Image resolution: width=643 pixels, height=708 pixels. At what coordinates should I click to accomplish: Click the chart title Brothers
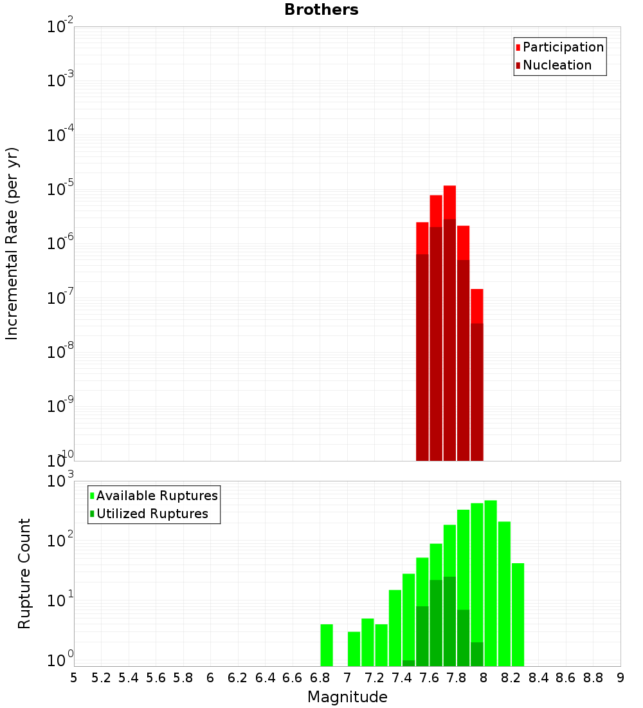[321, 10]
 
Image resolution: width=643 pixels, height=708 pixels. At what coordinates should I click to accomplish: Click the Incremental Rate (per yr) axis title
[12, 244]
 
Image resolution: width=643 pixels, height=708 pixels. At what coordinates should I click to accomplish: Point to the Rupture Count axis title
[24, 573]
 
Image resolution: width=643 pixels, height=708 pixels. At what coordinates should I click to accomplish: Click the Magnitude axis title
[347, 697]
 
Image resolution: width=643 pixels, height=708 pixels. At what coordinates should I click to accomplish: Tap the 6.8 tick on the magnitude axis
[320, 677]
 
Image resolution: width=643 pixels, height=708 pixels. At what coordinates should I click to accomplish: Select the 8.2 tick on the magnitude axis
[511, 677]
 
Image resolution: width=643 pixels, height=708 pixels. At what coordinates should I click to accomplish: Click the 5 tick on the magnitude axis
[74, 677]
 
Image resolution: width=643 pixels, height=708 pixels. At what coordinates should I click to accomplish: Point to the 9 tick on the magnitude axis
[620, 677]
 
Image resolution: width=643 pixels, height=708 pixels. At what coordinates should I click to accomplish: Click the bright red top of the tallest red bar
[449, 201]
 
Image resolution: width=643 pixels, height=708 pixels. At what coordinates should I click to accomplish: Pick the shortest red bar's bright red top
[476, 306]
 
